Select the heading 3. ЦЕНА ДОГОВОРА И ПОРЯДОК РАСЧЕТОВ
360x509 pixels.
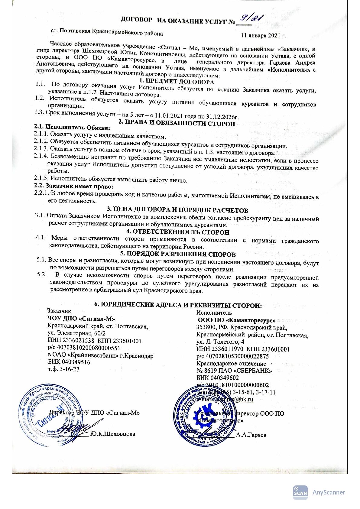(x=178, y=209)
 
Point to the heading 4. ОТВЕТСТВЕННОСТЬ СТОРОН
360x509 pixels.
(x=177, y=232)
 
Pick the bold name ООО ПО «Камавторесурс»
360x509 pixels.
(x=236, y=320)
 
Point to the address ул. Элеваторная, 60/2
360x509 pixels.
(x=77, y=333)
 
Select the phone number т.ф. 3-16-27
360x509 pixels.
(x=64, y=369)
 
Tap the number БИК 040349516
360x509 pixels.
(x=69, y=362)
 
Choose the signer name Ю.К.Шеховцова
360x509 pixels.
(x=113, y=434)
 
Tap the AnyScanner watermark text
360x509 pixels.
(x=329, y=492)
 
